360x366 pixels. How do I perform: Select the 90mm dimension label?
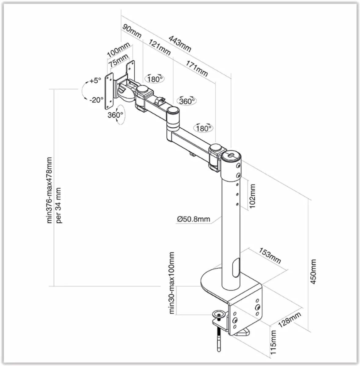132,31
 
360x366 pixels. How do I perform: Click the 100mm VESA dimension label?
118,50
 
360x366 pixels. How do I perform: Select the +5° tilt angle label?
95,81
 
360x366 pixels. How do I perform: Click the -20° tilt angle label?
96,99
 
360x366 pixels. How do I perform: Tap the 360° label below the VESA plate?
115,115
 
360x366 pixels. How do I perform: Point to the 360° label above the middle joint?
187,101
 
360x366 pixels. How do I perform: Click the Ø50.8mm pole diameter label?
193,219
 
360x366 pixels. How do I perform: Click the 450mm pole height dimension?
313,272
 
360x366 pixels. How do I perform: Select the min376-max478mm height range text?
49,190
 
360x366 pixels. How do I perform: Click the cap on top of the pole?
231,156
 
